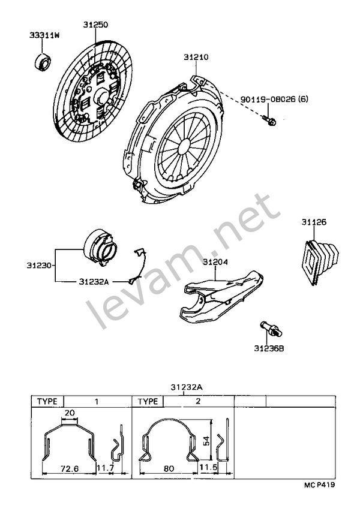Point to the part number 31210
coord(197,58)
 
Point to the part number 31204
coord(215,262)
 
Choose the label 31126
coord(313,223)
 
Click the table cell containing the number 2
coord(197,402)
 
